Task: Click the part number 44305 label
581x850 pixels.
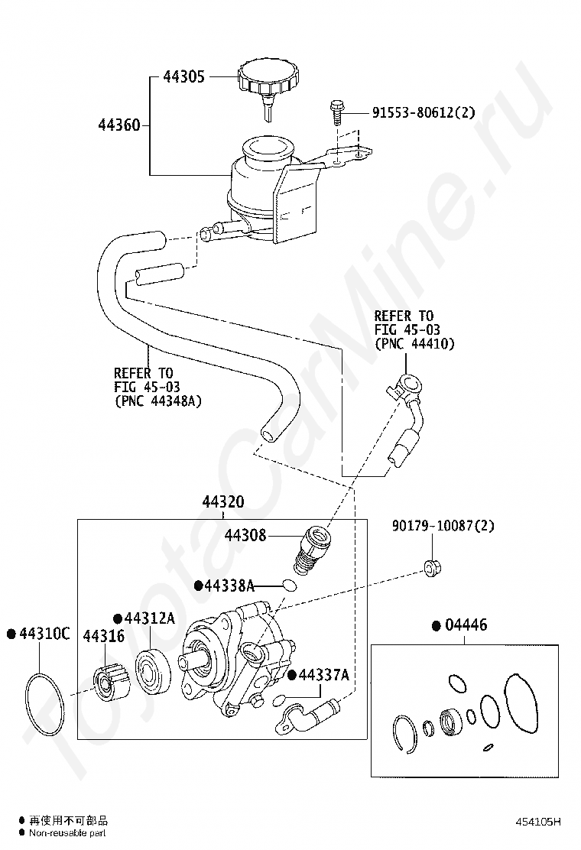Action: click(x=183, y=76)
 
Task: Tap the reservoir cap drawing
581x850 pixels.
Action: click(x=269, y=86)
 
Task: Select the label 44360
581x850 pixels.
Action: click(x=119, y=125)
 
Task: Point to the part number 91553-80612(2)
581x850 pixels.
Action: click(x=424, y=112)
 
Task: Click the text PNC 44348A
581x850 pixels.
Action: click(x=161, y=401)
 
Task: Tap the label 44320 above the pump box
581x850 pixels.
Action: click(x=222, y=502)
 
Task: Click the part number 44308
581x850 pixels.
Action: click(x=245, y=535)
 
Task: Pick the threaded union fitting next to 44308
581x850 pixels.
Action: click(x=312, y=550)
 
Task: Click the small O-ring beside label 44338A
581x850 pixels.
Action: click(x=290, y=585)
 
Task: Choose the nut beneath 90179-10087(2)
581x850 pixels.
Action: click(x=432, y=568)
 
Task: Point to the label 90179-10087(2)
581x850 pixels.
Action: click(x=443, y=526)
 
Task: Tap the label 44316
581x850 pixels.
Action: click(x=103, y=636)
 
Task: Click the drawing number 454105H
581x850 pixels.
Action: click(x=538, y=822)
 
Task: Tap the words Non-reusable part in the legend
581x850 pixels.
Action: click(x=67, y=833)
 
